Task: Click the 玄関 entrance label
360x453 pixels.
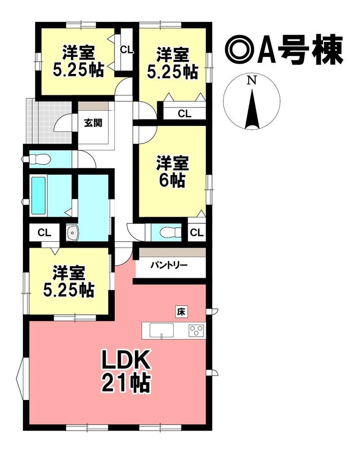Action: click(x=93, y=123)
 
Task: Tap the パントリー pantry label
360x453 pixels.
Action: click(x=169, y=265)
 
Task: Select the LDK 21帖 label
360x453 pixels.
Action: click(x=126, y=371)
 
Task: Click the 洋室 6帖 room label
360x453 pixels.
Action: click(x=173, y=172)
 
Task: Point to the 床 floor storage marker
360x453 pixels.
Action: click(x=181, y=312)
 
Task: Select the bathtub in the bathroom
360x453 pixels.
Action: click(x=38, y=196)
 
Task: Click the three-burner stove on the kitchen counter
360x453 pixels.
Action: click(x=197, y=330)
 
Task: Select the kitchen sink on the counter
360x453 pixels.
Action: click(x=162, y=330)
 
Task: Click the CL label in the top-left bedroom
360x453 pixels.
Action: click(x=126, y=50)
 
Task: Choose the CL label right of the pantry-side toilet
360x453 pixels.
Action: click(x=197, y=232)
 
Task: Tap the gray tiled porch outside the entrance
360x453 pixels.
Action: click(x=49, y=121)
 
